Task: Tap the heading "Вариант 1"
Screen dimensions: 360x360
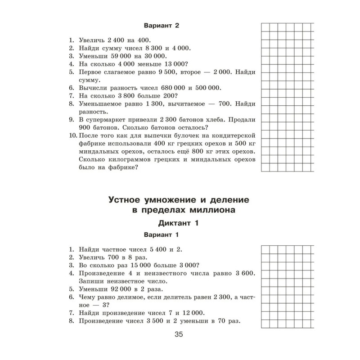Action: (161, 235)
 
